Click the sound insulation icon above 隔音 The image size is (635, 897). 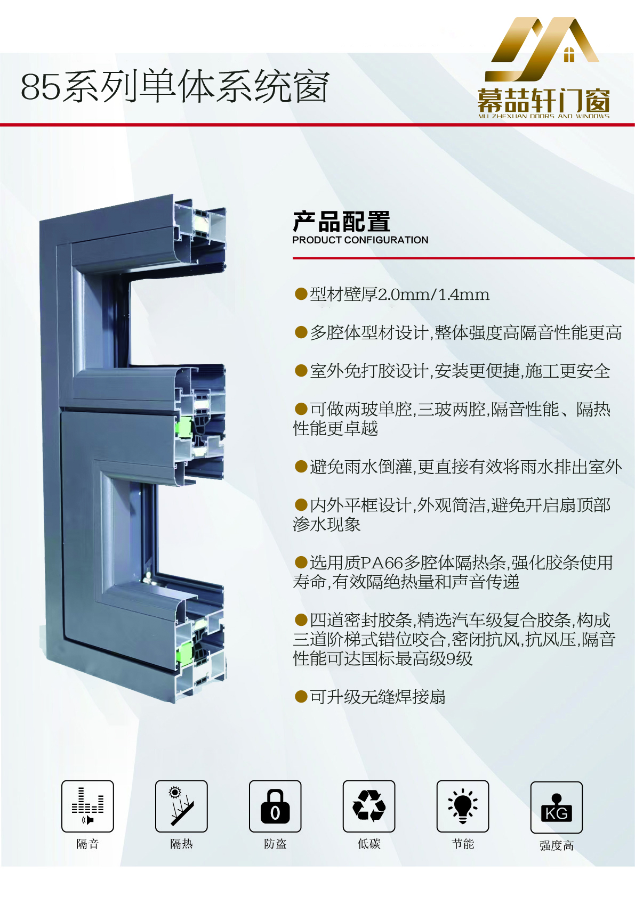click(87, 806)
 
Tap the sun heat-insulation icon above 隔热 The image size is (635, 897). click(182, 806)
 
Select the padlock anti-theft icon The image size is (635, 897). click(275, 806)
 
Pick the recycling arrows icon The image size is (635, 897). click(369, 806)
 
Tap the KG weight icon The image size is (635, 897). click(557, 808)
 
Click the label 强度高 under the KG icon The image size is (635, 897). click(557, 846)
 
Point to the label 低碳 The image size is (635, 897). click(369, 844)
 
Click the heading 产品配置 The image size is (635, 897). click(341, 222)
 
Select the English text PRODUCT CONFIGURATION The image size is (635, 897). click(360, 240)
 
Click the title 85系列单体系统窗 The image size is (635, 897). click(175, 86)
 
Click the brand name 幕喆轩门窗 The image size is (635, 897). click(544, 101)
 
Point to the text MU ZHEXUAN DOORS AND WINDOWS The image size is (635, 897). click(544, 117)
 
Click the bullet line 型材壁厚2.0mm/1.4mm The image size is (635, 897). click(392, 295)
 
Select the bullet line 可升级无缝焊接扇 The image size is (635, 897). click(370, 697)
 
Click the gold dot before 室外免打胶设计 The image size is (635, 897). click(301, 371)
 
